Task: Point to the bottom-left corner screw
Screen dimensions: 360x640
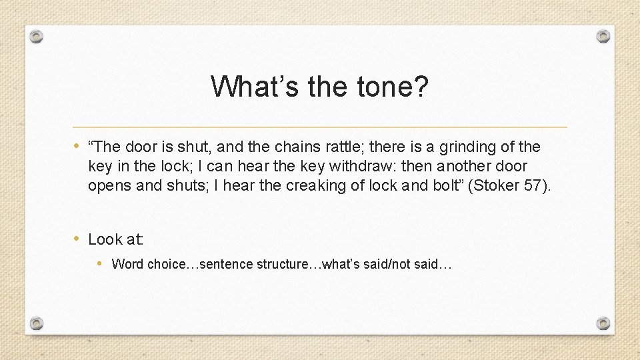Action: (x=37, y=323)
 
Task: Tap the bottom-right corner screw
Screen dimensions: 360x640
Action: (x=603, y=323)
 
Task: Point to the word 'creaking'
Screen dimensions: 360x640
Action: (x=317, y=185)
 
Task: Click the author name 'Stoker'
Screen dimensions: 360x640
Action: (x=497, y=185)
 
